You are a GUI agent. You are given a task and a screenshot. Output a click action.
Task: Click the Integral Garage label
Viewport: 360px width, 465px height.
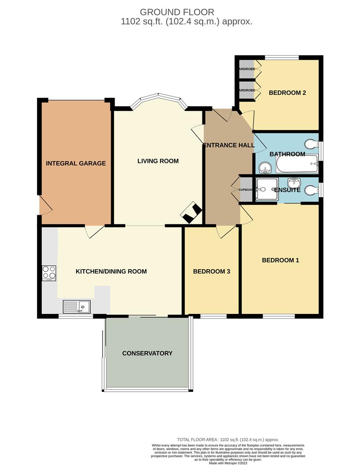[76, 163]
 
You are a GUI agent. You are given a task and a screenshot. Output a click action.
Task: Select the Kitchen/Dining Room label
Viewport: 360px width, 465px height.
[111, 271]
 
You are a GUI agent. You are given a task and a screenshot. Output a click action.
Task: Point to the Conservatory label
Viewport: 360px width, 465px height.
[147, 353]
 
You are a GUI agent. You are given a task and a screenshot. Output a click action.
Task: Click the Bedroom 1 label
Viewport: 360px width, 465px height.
[280, 260]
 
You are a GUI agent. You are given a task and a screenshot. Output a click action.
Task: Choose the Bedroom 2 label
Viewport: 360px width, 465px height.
[287, 92]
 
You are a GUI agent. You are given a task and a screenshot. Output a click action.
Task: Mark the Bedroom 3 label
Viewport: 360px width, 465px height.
[211, 271]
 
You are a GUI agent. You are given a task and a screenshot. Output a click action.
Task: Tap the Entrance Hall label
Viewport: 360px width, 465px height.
[229, 145]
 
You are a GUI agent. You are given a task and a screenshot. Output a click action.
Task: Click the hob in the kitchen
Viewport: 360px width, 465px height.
[49, 273]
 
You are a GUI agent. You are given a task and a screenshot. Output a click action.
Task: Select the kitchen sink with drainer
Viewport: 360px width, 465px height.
[77, 306]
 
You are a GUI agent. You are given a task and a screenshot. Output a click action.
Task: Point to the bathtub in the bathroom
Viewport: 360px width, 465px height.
[296, 164]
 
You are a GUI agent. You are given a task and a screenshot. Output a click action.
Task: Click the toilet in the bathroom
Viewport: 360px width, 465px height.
[310, 143]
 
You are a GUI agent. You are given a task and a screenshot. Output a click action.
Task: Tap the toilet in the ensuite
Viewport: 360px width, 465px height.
[310, 190]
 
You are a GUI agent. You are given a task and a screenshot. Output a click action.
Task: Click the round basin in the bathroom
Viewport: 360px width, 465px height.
[264, 167]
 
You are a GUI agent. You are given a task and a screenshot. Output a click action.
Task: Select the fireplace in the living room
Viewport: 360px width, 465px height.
[192, 213]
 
